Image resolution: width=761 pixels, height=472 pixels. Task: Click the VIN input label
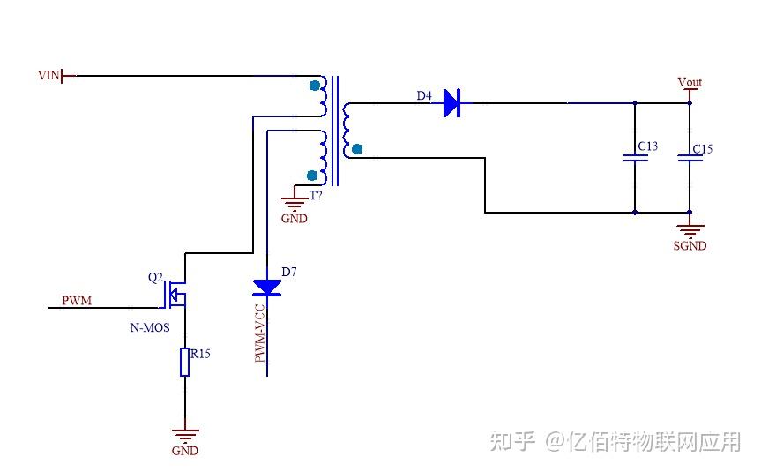(x=48, y=75)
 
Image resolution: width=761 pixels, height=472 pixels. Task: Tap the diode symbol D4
(x=451, y=103)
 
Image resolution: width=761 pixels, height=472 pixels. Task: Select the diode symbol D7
(x=266, y=287)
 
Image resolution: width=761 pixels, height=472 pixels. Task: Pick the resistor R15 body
(x=184, y=362)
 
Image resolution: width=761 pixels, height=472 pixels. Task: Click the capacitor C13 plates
(x=634, y=159)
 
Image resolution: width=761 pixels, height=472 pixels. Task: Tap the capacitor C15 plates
(x=690, y=159)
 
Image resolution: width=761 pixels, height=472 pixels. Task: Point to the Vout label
(x=690, y=82)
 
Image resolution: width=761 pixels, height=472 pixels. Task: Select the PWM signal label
(x=77, y=301)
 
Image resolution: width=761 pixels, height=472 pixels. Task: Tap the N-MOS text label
(x=150, y=327)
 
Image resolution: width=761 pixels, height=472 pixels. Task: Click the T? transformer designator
(x=315, y=195)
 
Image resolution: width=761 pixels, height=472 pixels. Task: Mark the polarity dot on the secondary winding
(x=356, y=149)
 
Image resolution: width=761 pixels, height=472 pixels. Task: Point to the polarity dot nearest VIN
(x=315, y=86)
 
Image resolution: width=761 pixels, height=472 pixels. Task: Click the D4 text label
(x=424, y=96)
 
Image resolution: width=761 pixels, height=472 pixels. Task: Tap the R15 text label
(x=200, y=354)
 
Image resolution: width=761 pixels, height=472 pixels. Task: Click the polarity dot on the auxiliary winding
(x=311, y=175)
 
